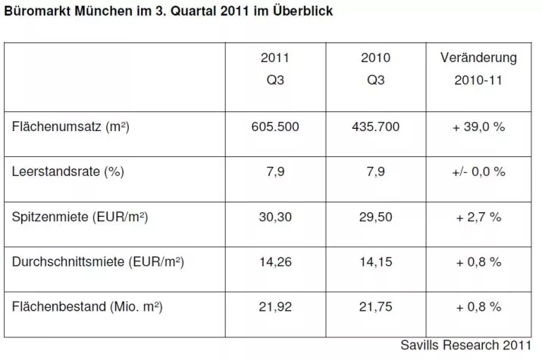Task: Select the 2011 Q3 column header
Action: (x=274, y=69)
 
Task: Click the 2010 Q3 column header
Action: (x=374, y=69)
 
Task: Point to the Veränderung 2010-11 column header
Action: (x=478, y=69)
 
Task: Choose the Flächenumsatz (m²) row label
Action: (x=71, y=127)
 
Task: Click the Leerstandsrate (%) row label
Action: (x=68, y=171)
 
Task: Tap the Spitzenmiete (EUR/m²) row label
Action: (x=80, y=217)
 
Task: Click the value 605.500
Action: (x=274, y=127)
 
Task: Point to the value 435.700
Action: (x=374, y=127)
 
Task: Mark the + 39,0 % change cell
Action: (x=478, y=127)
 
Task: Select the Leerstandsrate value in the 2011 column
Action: (x=274, y=171)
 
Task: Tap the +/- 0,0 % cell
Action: (x=478, y=171)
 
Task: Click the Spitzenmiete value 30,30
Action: (x=274, y=217)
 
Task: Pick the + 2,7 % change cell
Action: (x=478, y=217)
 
